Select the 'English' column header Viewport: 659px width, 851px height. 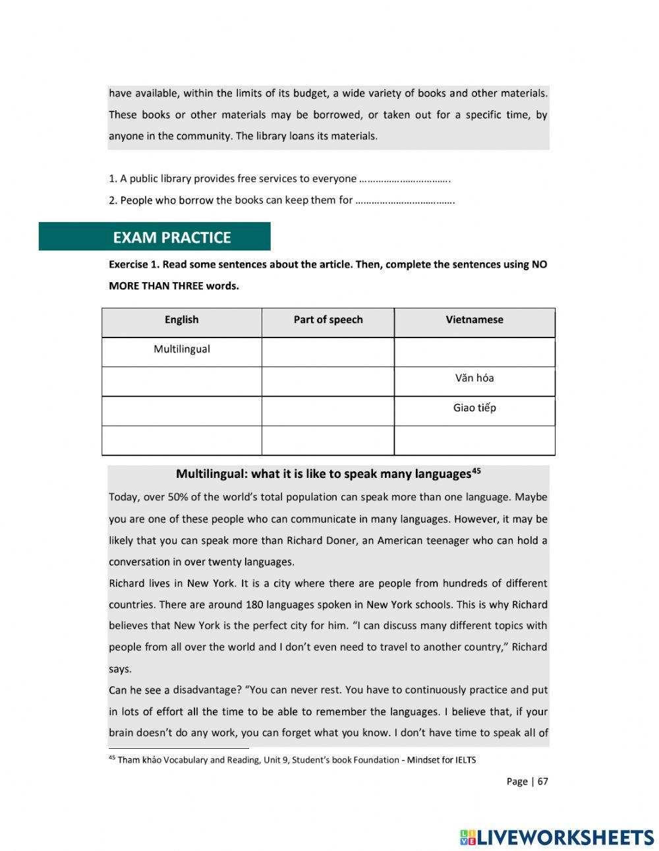pyautogui.click(x=181, y=320)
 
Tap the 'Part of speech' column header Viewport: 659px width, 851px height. pyautogui.click(x=328, y=320)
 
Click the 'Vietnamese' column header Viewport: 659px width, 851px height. pyautogui.click(x=474, y=320)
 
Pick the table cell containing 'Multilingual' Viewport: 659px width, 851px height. pyautogui.click(x=182, y=350)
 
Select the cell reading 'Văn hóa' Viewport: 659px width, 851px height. pyautogui.click(x=474, y=379)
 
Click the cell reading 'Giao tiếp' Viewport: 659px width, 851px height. pyautogui.click(x=474, y=409)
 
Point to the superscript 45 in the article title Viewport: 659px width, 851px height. pyautogui.click(x=476, y=471)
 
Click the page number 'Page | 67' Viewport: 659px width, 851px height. pyautogui.click(x=527, y=782)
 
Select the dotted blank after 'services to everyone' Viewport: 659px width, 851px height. pyautogui.click(x=404, y=179)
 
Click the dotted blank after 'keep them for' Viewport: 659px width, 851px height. pyautogui.click(x=405, y=200)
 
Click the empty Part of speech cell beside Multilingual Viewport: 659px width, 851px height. pyautogui.click(x=328, y=352)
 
